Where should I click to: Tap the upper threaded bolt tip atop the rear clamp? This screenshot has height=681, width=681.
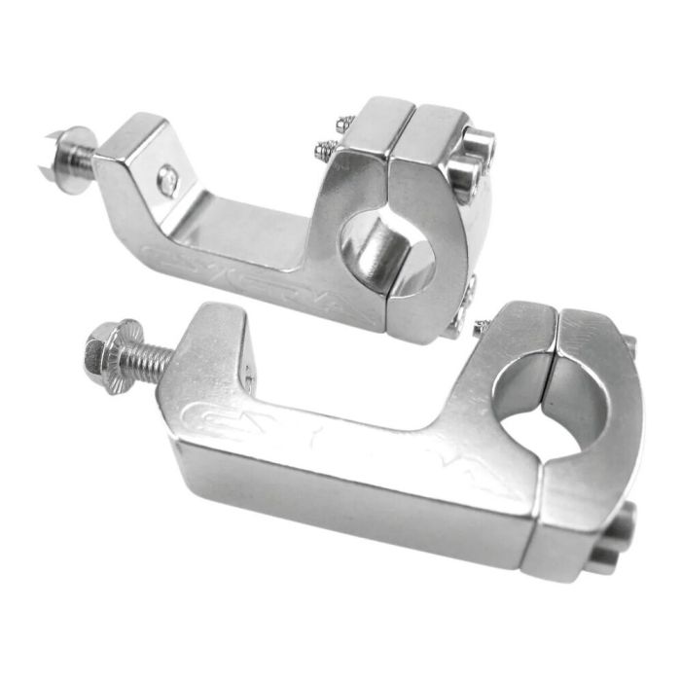343,125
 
